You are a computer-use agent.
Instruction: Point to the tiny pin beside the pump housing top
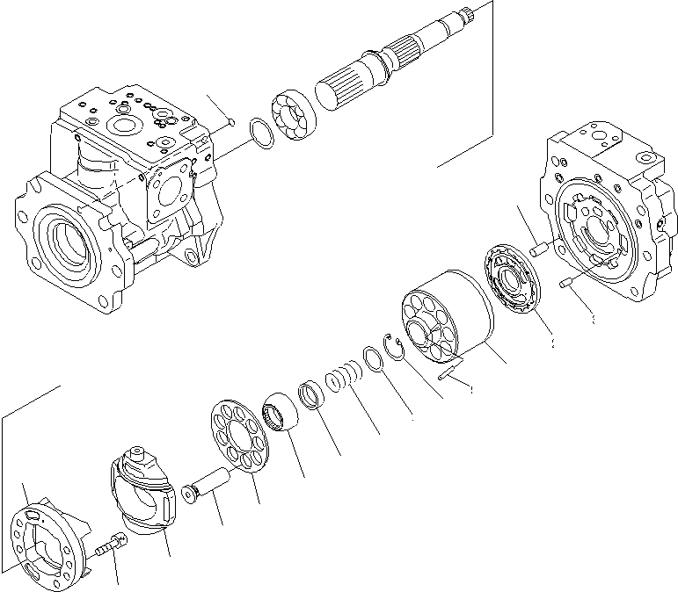[226, 122]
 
